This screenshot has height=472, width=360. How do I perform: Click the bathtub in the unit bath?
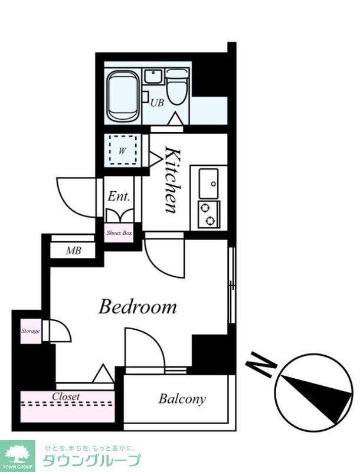pos(123,96)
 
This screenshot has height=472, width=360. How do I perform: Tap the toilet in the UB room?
pos(178,87)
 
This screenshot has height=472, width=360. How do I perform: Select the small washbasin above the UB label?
pos(153,77)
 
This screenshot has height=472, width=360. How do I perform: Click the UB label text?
pos(157,103)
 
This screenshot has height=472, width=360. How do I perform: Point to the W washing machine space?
pos(123,150)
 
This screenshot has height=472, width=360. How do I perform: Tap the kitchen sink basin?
pos(208,183)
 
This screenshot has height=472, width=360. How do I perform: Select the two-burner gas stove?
pos(208,214)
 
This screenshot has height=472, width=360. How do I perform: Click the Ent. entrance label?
pos(119,196)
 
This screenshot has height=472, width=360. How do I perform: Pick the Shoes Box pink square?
pos(119,232)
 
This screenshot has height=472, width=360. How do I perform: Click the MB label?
pos(74,250)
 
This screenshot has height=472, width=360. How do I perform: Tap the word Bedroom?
pos(138,307)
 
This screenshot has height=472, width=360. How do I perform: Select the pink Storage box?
pos(31,331)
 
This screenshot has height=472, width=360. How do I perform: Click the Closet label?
pos(66,396)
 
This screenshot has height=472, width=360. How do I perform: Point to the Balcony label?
pos(182,399)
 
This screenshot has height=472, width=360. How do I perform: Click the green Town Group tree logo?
pos(17,454)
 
